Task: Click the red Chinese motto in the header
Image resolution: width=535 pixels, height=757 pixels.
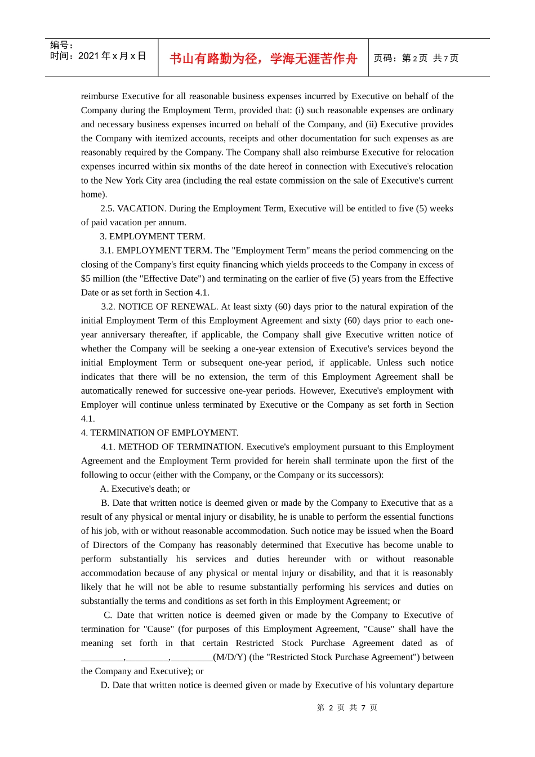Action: [263, 59]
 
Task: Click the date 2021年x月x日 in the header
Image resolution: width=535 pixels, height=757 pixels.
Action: [98, 56]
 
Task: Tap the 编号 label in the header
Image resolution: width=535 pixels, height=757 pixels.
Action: [61, 45]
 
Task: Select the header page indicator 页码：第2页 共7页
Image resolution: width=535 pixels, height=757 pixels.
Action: [416, 58]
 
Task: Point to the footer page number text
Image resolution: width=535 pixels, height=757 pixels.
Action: [347, 707]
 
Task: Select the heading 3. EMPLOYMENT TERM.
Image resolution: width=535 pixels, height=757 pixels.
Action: [153, 237]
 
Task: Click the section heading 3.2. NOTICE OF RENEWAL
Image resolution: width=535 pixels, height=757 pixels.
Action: [159, 306]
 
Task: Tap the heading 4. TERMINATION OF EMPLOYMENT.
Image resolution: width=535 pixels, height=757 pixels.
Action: [159, 433]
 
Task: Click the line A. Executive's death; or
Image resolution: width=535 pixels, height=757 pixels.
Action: [145, 489]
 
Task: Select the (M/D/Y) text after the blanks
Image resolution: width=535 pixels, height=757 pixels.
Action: [230, 657]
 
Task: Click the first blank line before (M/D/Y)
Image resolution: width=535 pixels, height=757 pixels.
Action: [102, 658]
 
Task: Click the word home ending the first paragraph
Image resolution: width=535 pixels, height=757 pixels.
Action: [92, 194]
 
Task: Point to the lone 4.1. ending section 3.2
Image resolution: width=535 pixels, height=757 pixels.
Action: [88, 418]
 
